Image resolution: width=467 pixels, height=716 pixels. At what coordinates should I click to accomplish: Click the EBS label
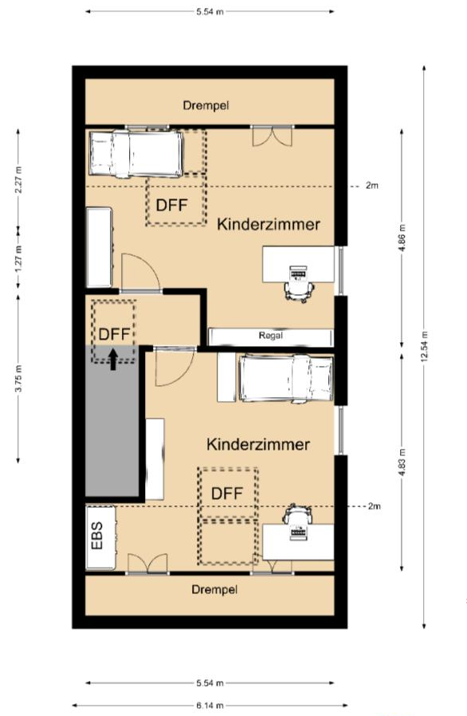[x=97, y=536]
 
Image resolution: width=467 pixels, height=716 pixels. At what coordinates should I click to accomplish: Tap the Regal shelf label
[x=271, y=336]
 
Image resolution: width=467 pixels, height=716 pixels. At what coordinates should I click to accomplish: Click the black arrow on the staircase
[x=113, y=359]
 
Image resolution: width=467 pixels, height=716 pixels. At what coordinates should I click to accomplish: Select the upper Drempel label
[x=206, y=105]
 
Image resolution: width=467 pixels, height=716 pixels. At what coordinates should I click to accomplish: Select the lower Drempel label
[x=214, y=589]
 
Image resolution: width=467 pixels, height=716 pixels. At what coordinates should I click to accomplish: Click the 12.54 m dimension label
[x=424, y=347]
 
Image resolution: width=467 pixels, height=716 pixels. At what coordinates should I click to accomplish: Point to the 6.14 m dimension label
[x=210, y=706]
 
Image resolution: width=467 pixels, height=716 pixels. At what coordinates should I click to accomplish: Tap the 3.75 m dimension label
[x=18, y=379]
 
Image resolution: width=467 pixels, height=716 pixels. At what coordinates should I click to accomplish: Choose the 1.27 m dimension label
[x=18, y=259]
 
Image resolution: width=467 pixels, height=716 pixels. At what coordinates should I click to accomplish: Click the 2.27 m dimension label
[x=18, y=179]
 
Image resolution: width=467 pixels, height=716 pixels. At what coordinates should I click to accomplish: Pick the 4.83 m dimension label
[x=402, y=462]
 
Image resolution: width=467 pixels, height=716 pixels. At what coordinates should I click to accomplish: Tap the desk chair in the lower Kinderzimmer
[x=297, y=513]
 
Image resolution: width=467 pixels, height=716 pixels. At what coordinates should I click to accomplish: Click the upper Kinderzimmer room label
[x=269, y=224]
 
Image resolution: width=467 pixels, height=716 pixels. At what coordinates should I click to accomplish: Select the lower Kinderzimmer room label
[x=258, y=444]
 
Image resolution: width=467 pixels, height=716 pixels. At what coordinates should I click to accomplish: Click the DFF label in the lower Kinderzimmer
[x=227, y=494]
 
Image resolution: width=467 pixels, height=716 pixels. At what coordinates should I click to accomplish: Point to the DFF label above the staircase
[x=114, y=334]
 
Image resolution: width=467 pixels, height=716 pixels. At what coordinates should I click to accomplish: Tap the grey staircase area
[x=112, y=423]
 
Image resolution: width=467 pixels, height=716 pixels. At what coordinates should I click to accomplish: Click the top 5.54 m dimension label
[x=210, y=11]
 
